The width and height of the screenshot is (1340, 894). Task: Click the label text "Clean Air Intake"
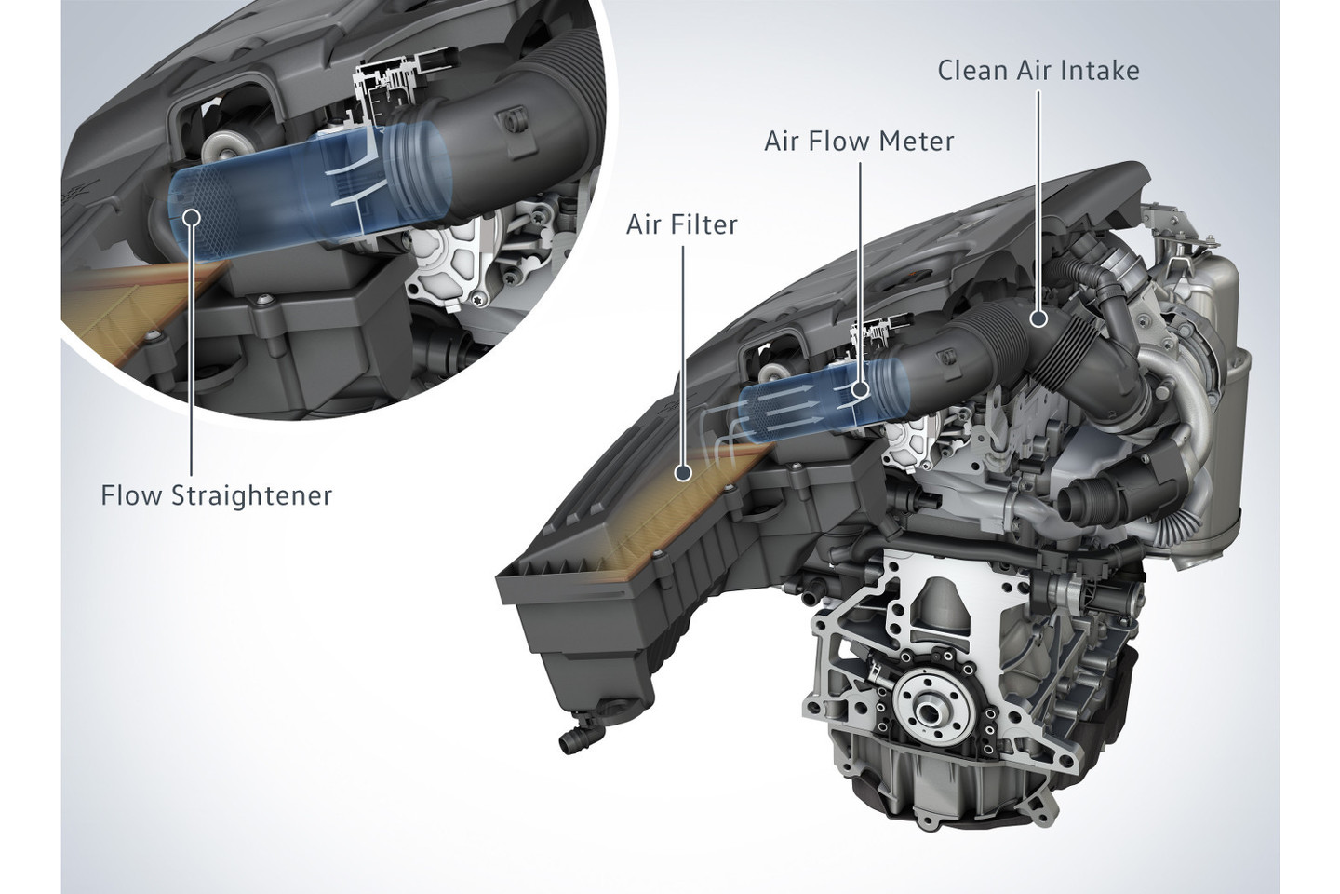(1038, 71)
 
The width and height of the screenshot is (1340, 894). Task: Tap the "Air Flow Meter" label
(859, 142)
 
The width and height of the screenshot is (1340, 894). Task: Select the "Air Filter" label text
(682, 225)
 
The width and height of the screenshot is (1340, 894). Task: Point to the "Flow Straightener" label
(216, 495)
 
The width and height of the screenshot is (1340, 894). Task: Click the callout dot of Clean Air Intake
(1039, 318)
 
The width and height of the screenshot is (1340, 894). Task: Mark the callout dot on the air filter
(683, 473)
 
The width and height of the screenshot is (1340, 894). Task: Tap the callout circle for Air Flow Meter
(860, 390)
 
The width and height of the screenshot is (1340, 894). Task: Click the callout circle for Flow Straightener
(192, 216)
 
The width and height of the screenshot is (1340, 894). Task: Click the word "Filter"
(707, 225)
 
